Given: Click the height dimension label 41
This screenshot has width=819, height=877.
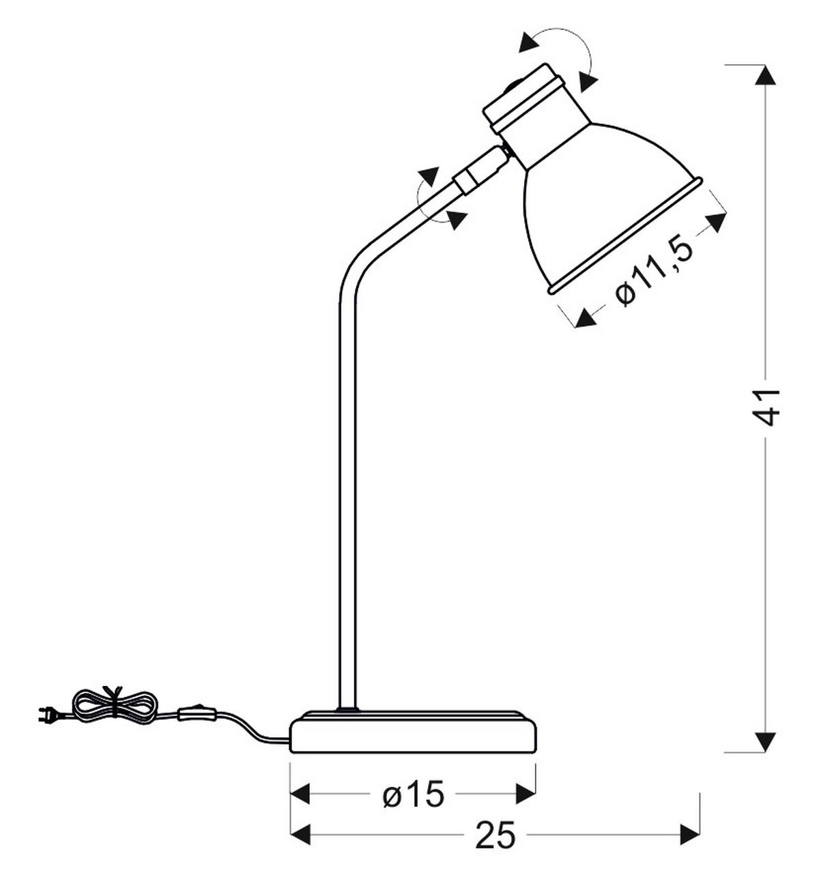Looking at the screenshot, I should pos(768,407).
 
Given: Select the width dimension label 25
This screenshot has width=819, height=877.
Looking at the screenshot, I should pos(495,835).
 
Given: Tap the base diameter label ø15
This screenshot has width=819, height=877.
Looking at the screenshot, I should pos(414,794).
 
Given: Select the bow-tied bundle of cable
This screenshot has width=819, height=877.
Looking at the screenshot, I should pos(115,704).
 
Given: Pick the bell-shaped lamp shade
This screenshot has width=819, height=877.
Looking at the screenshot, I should pos(607,205).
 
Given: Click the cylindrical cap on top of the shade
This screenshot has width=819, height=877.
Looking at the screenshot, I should pos(524,100).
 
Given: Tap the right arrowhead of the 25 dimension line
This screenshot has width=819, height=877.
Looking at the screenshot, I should pos(690,834).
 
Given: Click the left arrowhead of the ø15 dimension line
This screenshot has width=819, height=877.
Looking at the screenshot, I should pos(301,794).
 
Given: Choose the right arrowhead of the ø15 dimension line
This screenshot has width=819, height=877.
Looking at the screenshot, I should pos(526,794).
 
